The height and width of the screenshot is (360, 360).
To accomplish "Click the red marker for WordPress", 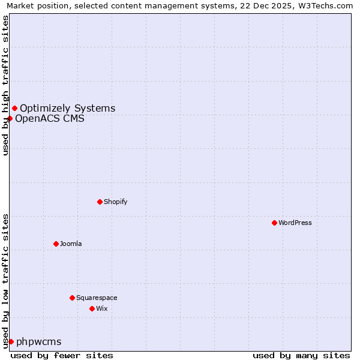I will click(x=274, y=223).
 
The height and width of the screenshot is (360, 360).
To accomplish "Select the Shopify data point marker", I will click(x=100, y=202).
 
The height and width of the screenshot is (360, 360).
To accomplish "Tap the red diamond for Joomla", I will click(x=56, y=244).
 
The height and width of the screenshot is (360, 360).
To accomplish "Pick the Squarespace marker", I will click(x=72, y=298).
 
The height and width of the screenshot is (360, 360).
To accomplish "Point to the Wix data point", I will click(x=92, y=308).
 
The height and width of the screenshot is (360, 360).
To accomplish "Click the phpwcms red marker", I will click(x=11, y=341).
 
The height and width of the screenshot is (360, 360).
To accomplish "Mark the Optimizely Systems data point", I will click(x=14, y=108).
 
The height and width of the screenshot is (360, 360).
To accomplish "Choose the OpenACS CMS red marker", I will click(x=10, y=118).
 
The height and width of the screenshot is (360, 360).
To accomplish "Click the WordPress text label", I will click(x=295, y=223).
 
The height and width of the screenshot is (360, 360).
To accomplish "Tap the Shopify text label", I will click(x=116, y=202).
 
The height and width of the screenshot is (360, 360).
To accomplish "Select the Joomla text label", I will click(x=71, y=244).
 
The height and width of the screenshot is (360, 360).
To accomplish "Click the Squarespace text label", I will click(x=97, y=298).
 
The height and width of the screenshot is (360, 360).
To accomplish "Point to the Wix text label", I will click(x=102, y=308).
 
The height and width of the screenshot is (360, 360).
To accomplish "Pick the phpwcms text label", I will click(x=38, y=342).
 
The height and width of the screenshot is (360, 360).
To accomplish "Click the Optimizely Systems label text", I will click(x=67, y=109).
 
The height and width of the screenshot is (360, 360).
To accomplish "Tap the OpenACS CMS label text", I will click(x=49, y=119).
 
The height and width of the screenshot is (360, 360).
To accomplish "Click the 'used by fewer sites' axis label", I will click(x=62, y=355).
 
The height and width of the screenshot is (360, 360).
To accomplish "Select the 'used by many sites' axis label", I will click(x=301, y=355).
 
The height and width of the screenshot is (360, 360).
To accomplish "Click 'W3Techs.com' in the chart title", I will click(x=327, y=6).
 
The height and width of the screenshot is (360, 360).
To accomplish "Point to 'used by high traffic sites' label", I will click(x=6, y=85).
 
